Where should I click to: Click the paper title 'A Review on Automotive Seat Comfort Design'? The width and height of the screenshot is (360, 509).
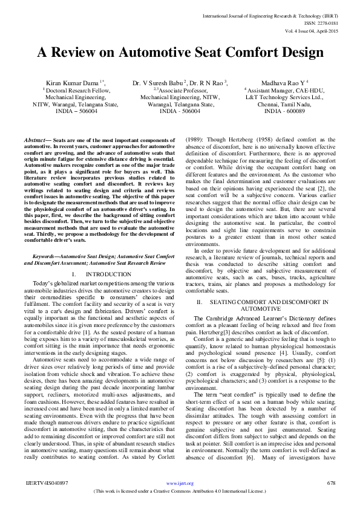point(180,52)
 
